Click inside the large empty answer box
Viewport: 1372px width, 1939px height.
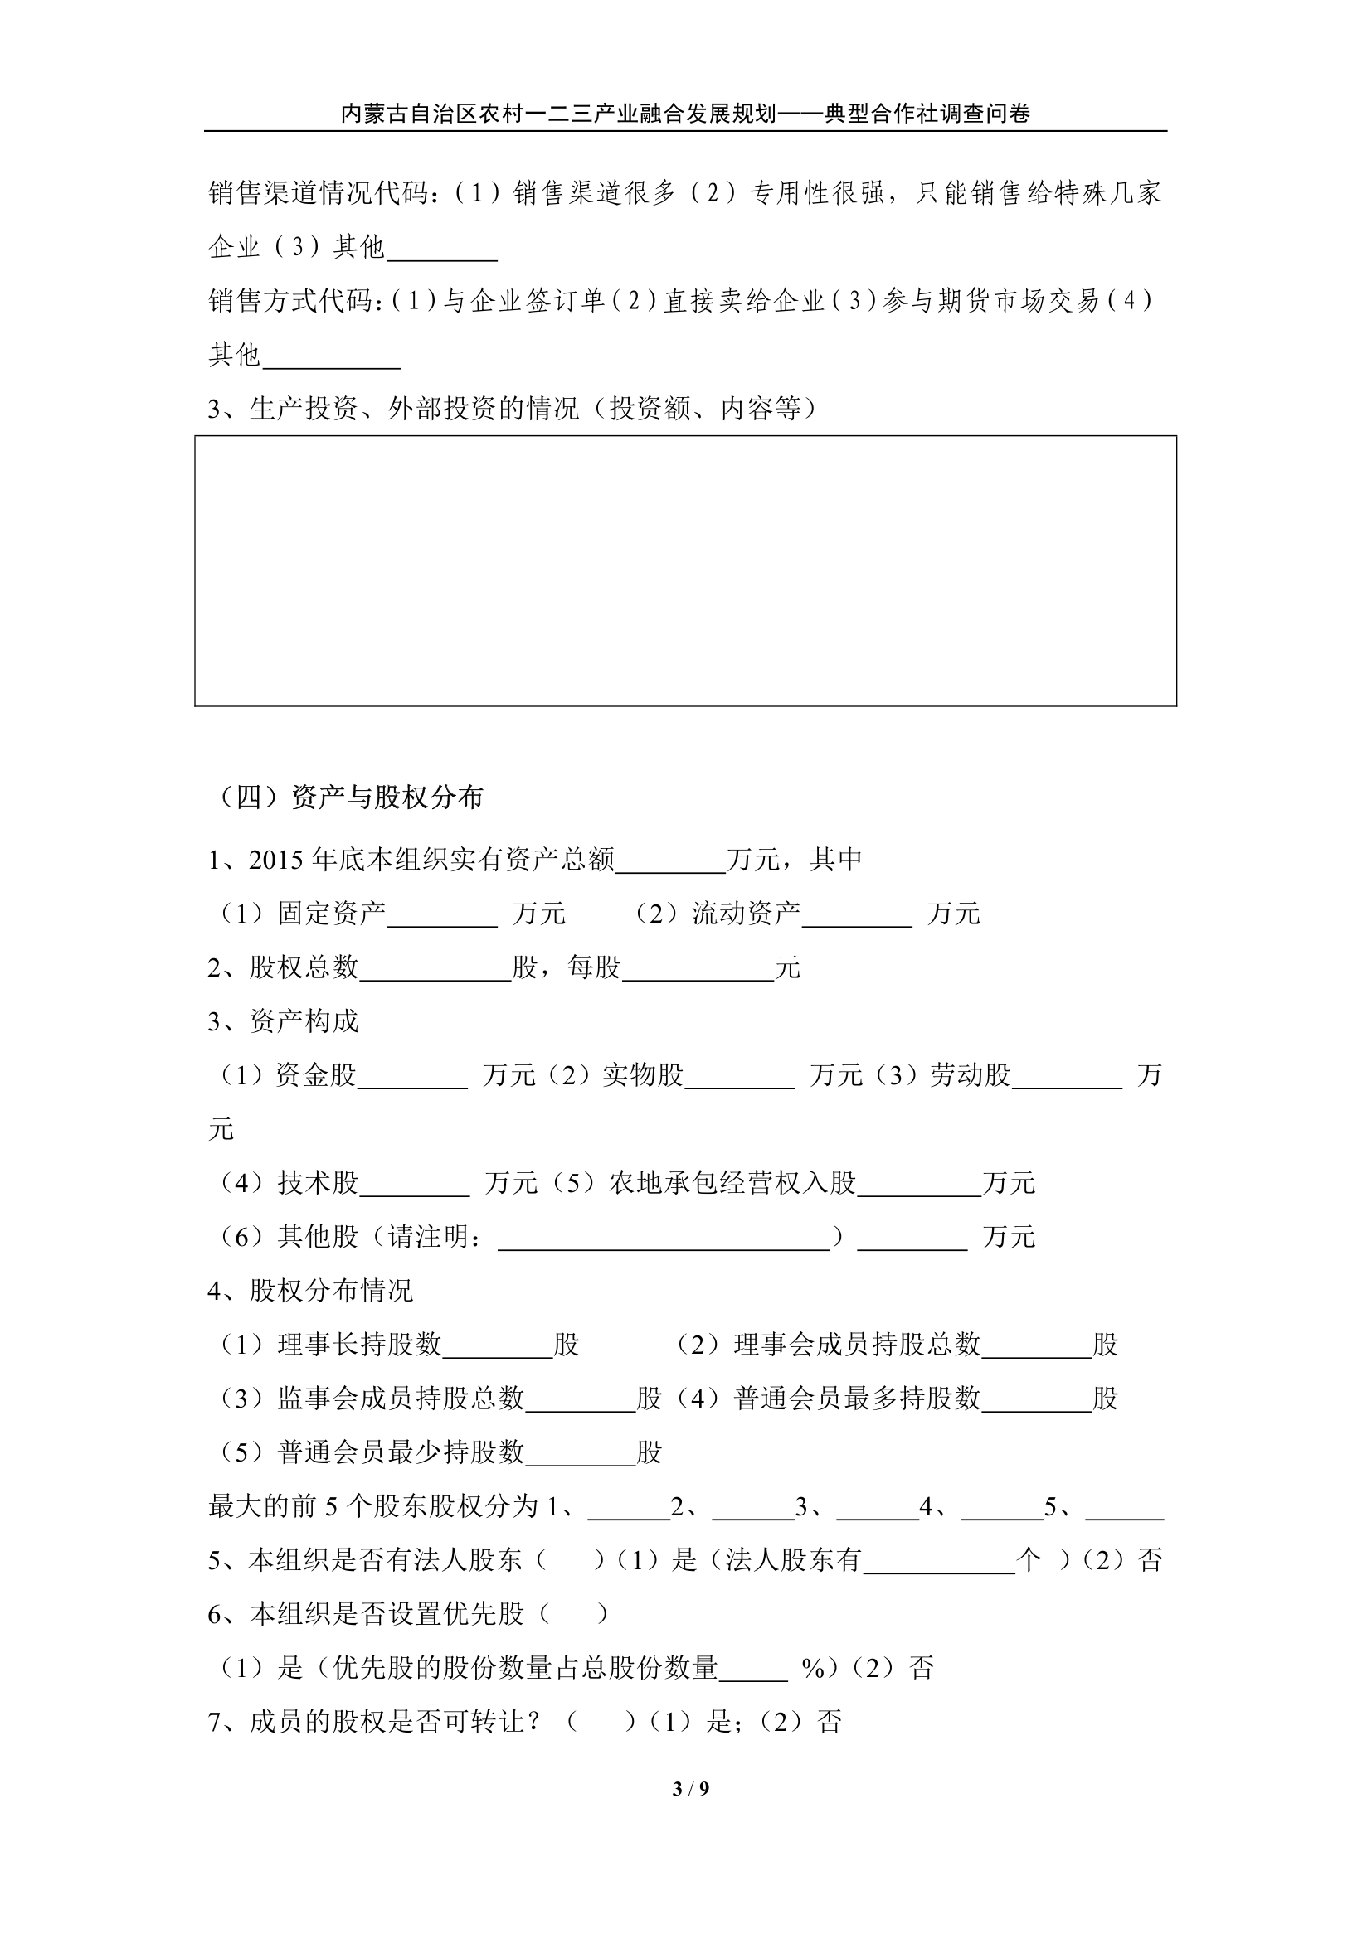(685, 571)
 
